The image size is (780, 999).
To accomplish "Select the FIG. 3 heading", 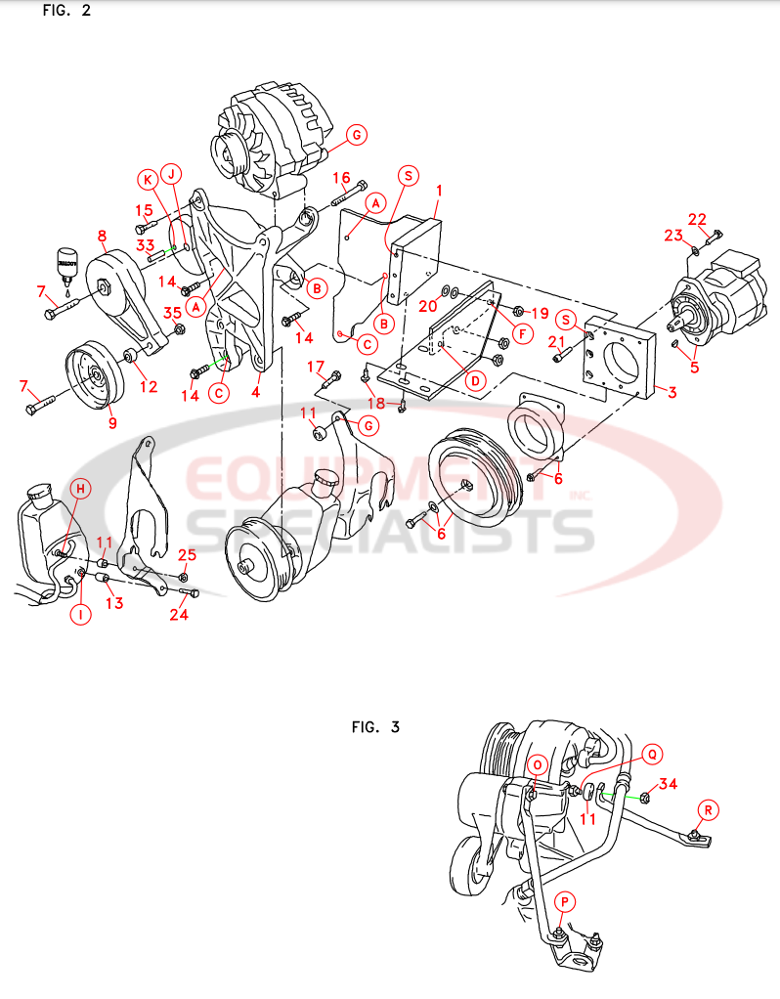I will coord(375,727).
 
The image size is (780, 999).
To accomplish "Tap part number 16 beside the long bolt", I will coord(341,178).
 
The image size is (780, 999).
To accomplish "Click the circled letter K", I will coord(147,179).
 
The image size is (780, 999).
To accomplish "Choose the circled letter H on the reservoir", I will coord(82,488).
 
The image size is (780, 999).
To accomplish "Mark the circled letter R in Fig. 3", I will coord(709,809).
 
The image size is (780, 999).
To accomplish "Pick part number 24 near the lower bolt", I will coord(179,615).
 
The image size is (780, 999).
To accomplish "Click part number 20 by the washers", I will coord(427,305).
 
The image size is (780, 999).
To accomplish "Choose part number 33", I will coord(146,244).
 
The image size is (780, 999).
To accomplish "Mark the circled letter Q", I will coord(651,754).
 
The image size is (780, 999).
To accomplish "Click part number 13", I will coord(114,603).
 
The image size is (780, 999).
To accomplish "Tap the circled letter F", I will coord(524,333).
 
